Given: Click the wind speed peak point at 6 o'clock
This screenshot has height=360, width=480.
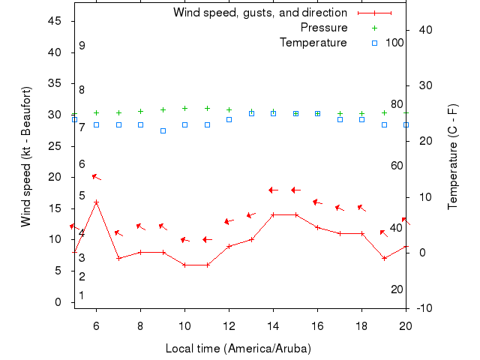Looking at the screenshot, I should [96, 202].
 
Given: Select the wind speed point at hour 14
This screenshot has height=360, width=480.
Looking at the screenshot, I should [273, 214].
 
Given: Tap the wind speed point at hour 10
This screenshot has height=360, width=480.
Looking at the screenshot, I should [184, 265].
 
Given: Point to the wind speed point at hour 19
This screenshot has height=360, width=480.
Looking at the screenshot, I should [384, 258].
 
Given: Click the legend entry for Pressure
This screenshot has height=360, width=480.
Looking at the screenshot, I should [324, 28].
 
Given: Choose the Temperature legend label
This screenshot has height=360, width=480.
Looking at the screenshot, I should [313, 43].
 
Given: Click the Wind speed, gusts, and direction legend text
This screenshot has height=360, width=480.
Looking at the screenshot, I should [260, 13].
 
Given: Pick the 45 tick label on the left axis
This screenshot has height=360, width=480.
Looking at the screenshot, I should [55, 21].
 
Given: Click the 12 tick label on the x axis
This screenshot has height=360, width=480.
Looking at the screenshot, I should [229, 326].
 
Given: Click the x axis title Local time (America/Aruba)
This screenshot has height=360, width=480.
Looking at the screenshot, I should [238, 349].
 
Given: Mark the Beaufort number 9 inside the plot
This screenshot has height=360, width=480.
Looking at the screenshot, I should [82, 46].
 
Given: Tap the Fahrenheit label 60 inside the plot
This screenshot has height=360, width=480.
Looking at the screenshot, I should [397, 166].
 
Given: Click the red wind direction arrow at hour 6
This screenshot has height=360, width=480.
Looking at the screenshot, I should [96, 177].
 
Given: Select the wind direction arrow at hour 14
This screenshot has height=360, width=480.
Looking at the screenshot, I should [273, 190].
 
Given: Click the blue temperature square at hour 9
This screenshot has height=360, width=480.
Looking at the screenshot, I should [163, 130].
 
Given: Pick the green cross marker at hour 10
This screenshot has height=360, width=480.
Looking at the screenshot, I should [184, 108].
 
